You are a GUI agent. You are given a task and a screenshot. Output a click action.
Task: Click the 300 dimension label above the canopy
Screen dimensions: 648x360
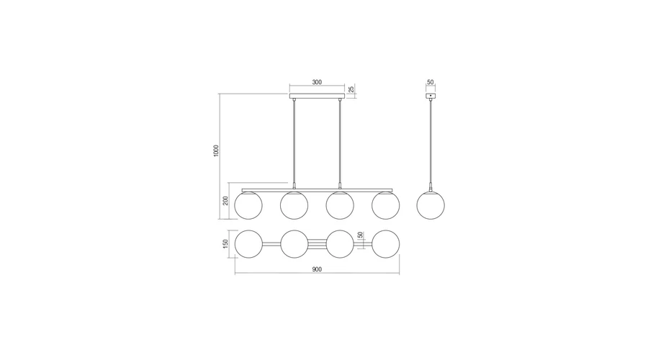pyautogui.click(x=317, y=82)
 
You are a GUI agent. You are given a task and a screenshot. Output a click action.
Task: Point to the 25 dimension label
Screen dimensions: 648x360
pyautogui.click(x=351, y=89)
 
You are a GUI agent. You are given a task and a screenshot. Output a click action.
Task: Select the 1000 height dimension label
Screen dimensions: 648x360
pyautogui.click(x=216, y=150)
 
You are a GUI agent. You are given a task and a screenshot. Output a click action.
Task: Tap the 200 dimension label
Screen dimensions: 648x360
pyautogui.click(x=225, y=200)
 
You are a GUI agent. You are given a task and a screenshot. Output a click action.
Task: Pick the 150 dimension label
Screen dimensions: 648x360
pyautogui.click(x=225, y=244)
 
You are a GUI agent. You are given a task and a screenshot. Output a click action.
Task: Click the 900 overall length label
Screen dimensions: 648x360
pyautogui.click(x=317, y=269)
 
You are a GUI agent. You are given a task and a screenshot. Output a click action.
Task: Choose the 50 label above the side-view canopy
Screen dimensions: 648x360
pyautogui.click(x=431, y=82)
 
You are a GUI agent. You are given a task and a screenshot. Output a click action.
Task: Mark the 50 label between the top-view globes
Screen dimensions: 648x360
pyautogui.click(x=360, y=235)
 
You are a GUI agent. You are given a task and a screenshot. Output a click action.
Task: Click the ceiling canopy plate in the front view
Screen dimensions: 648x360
pyautogui.click(x=317, y=96)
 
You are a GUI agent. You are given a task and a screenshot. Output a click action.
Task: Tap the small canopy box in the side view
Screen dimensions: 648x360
pyautogui.click(x=431, y=96)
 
